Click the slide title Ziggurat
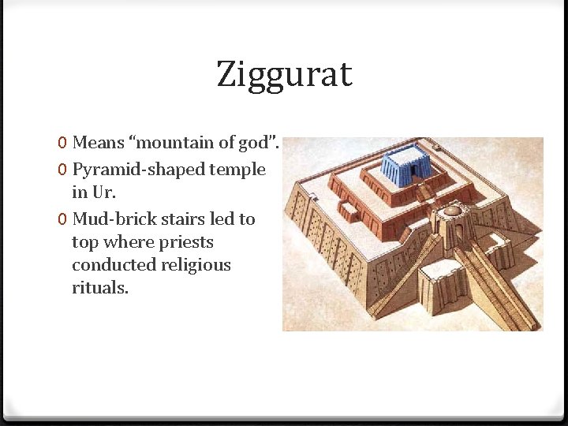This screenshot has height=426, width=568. pyautogui.click(x=284, y=76)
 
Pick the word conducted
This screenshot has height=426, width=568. pyautogui.click(x=112, y=265)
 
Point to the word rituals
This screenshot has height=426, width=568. pyautogui.click(x=99, y=288)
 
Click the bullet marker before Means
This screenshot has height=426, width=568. pyautogui.click(x=62, y=144)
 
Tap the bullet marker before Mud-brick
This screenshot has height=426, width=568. pyautogui.click(x=62, y=219)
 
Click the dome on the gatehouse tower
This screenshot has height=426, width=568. pyautogui.click(x=453, y=211)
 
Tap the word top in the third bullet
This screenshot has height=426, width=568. pyautogui.click(x=84, y=242)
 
